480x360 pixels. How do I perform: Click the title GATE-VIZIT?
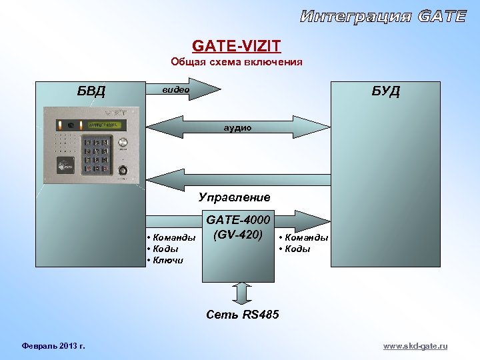click(x=237, y=46)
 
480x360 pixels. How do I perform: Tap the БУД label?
click(x=385, y=91)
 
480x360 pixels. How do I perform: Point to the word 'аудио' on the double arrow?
click(x=237, y=127)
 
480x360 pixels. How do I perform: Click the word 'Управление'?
click(x=234, y=197)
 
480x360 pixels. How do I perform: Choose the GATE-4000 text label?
click(x=238, y=220)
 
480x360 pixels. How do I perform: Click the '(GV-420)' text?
click(x=238, y=235)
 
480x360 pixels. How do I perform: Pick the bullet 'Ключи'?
click(x=167, y=260)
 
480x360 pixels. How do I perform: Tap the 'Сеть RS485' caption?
click(x=243, y=314)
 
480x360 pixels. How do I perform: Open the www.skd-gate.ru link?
click(x=415, y=347)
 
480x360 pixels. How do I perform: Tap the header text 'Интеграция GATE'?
click(x=383, y=17)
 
